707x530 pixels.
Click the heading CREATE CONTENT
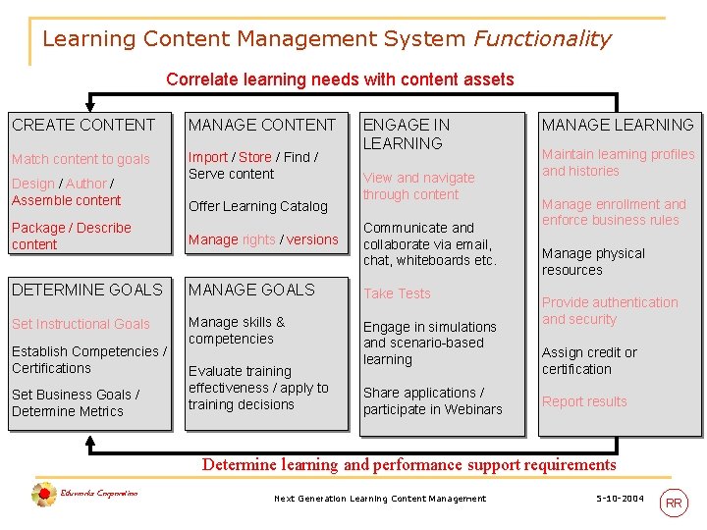83,125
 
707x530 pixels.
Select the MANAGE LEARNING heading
618,125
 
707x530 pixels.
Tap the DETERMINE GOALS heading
87,290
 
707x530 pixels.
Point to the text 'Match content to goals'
81,159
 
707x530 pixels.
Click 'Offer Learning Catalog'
257,206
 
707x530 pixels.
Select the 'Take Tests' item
397,293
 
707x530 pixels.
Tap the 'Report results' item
584,401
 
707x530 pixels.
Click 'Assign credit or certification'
589,360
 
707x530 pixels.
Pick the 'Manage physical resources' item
593,261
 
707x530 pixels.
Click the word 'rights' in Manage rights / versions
259,239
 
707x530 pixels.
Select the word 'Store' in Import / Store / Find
255,157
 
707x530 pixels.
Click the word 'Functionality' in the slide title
542,39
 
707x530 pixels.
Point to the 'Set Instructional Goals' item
81,324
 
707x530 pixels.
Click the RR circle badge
674,503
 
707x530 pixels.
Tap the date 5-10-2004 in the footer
620,499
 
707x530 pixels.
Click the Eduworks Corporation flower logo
43,495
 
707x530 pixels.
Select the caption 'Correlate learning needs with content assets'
340,79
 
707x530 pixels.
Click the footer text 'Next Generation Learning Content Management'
380,499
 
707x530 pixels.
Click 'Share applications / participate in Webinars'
432,400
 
